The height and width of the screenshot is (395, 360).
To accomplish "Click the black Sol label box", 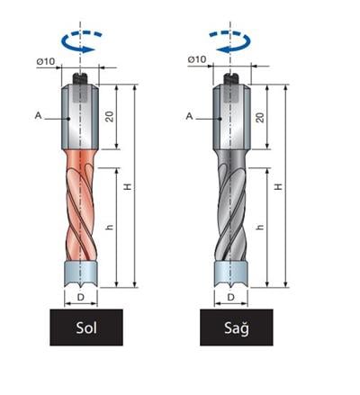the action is pyautogui.click(x=86, y=328).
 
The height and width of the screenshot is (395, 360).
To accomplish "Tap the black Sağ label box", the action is pyautogui.click(x=237, y=328).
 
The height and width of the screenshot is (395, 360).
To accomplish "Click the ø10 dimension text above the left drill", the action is pyautogui.click(x=46, y=61).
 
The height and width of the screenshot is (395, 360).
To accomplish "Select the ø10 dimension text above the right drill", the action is pyautogui.click(x=197, y=59).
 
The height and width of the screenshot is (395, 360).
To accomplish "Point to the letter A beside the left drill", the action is pyautogui.click(x=38, y=115).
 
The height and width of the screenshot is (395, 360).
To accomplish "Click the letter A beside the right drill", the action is pyautogui.click(x=189, y=116).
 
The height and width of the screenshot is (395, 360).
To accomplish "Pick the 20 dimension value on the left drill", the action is pyautogui.click(x=110, y=117).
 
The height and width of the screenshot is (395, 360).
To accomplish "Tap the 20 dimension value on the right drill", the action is pyautogui.click(x=260, y=117).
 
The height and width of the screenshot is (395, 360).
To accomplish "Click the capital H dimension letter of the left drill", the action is pyautogui.click(x=128, y=187).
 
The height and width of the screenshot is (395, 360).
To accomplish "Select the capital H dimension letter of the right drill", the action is pyautogui.click(x=279, y=186).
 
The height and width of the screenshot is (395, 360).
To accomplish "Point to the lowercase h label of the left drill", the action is pyautogui.click(x=110, y=227).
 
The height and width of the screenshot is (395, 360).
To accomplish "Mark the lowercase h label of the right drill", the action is pyautogui.click(x=260, y=227).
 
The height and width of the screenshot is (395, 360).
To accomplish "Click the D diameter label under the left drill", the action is pyautogui.click(x=81, y=297).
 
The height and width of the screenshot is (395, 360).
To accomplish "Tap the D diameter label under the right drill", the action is pyautogui.click(x=230, y=297).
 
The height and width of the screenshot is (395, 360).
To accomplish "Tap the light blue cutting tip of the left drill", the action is pyautogui.click(x=81, y=274).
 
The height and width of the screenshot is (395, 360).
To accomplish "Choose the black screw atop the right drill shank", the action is pyautogui.click(x=231, y=78).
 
